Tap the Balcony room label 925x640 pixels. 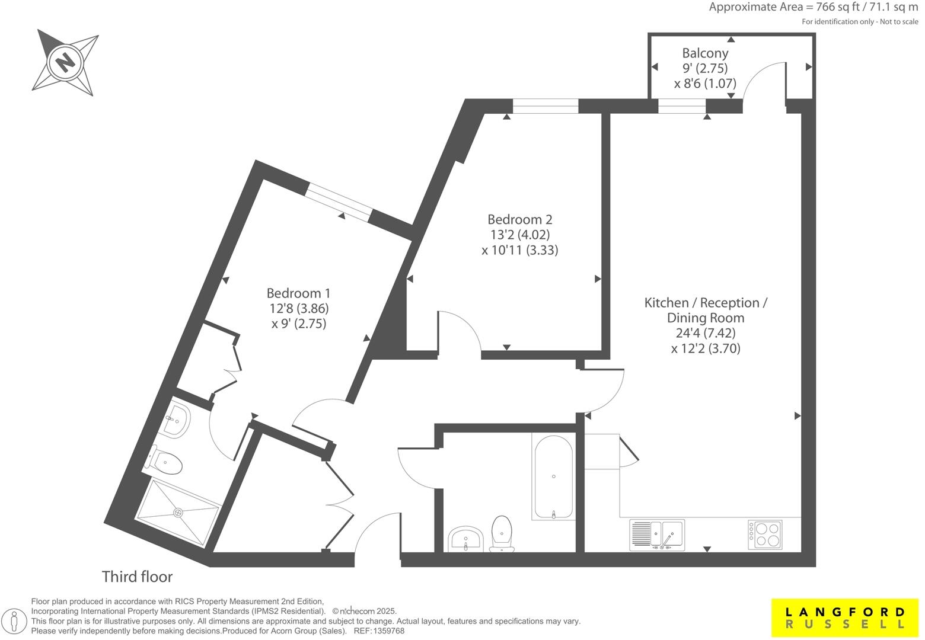click(705, 53)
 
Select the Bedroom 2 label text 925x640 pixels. click(519, 219)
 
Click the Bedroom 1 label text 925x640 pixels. click(298, 293)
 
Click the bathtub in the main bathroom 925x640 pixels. click(553, 476)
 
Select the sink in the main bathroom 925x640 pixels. click(466, 538)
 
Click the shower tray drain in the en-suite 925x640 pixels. click(178, 512)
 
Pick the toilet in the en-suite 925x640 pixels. click(166, 460)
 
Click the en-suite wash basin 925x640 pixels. click(175, 420)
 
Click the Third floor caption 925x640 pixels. click(137, 577)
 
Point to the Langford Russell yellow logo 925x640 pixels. click(845, 618)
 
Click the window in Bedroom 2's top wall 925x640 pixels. click(545, 106)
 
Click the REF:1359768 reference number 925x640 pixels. click(379, 631)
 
